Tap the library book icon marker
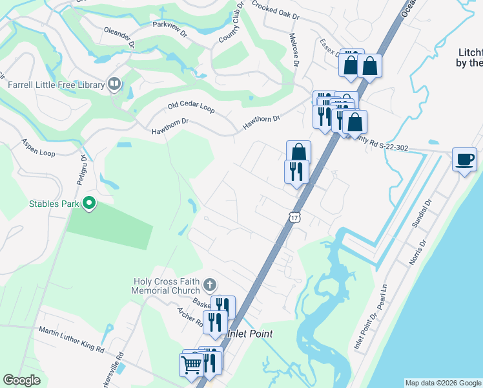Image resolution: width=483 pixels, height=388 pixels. pyautogui.click(x=115, y=83)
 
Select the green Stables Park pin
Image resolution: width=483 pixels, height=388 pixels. pyautogui.click(x=90, y=204)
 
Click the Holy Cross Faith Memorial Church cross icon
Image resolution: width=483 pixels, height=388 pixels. pyautogui.click(x=209, y=285)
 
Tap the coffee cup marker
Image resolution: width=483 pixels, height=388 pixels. pyautogui.click(x=464, y=159)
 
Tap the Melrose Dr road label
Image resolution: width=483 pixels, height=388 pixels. pyautogui.click(x=294, y=51)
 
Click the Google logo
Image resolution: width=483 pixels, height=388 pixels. pyautogui.click(x=22, y=380)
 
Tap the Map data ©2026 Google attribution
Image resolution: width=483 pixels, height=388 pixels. pyautogui.click(x=443, y=383)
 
